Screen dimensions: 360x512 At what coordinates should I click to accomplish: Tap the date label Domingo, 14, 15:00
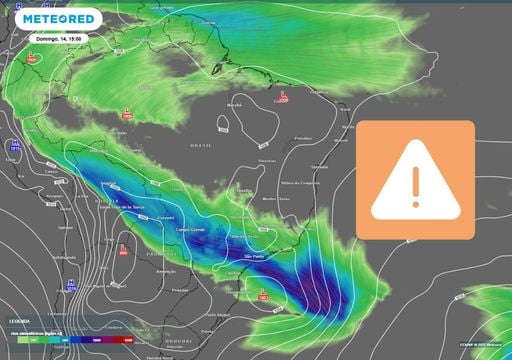tap(54, 38)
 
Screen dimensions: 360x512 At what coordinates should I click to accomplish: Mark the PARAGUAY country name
tap(135, 254)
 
